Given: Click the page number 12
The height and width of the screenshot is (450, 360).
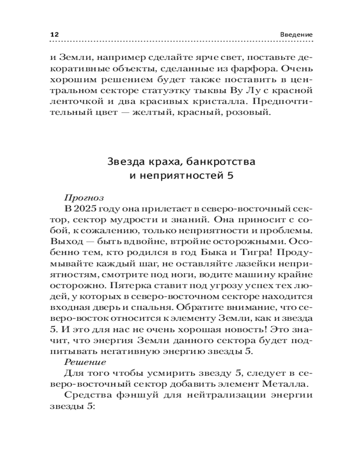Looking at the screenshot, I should point(54,35).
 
